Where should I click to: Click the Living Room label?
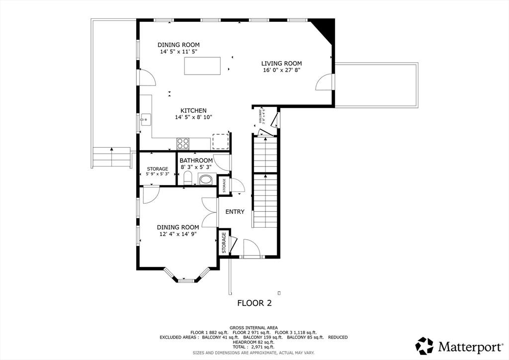tap(281, 63)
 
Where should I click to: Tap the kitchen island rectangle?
tap(202, 66)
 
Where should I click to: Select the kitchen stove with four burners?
tap(183, 143)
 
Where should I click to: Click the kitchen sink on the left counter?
tap(146, 119)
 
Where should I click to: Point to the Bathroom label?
tap(196, 161)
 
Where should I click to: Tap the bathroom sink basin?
tap(205, 180)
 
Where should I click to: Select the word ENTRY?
tap(235, 212)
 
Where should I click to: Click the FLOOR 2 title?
tap(254, 303)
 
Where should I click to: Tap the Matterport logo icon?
tap(424, 346)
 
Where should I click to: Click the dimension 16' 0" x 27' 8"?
tap(281, 70)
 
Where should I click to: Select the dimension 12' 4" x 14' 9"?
tap(178, 234)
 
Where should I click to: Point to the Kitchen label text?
tap(193, 110)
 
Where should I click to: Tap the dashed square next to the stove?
tap(220, 141)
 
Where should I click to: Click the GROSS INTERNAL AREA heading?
tap(254, 327)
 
